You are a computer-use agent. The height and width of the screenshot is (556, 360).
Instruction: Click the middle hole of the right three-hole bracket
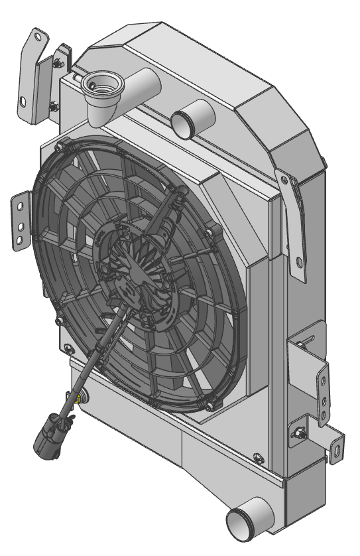pyautogui.click(x=323, y=400)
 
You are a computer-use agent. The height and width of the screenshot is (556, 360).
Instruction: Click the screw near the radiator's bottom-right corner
pyautogui.click(x=256, y=457)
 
